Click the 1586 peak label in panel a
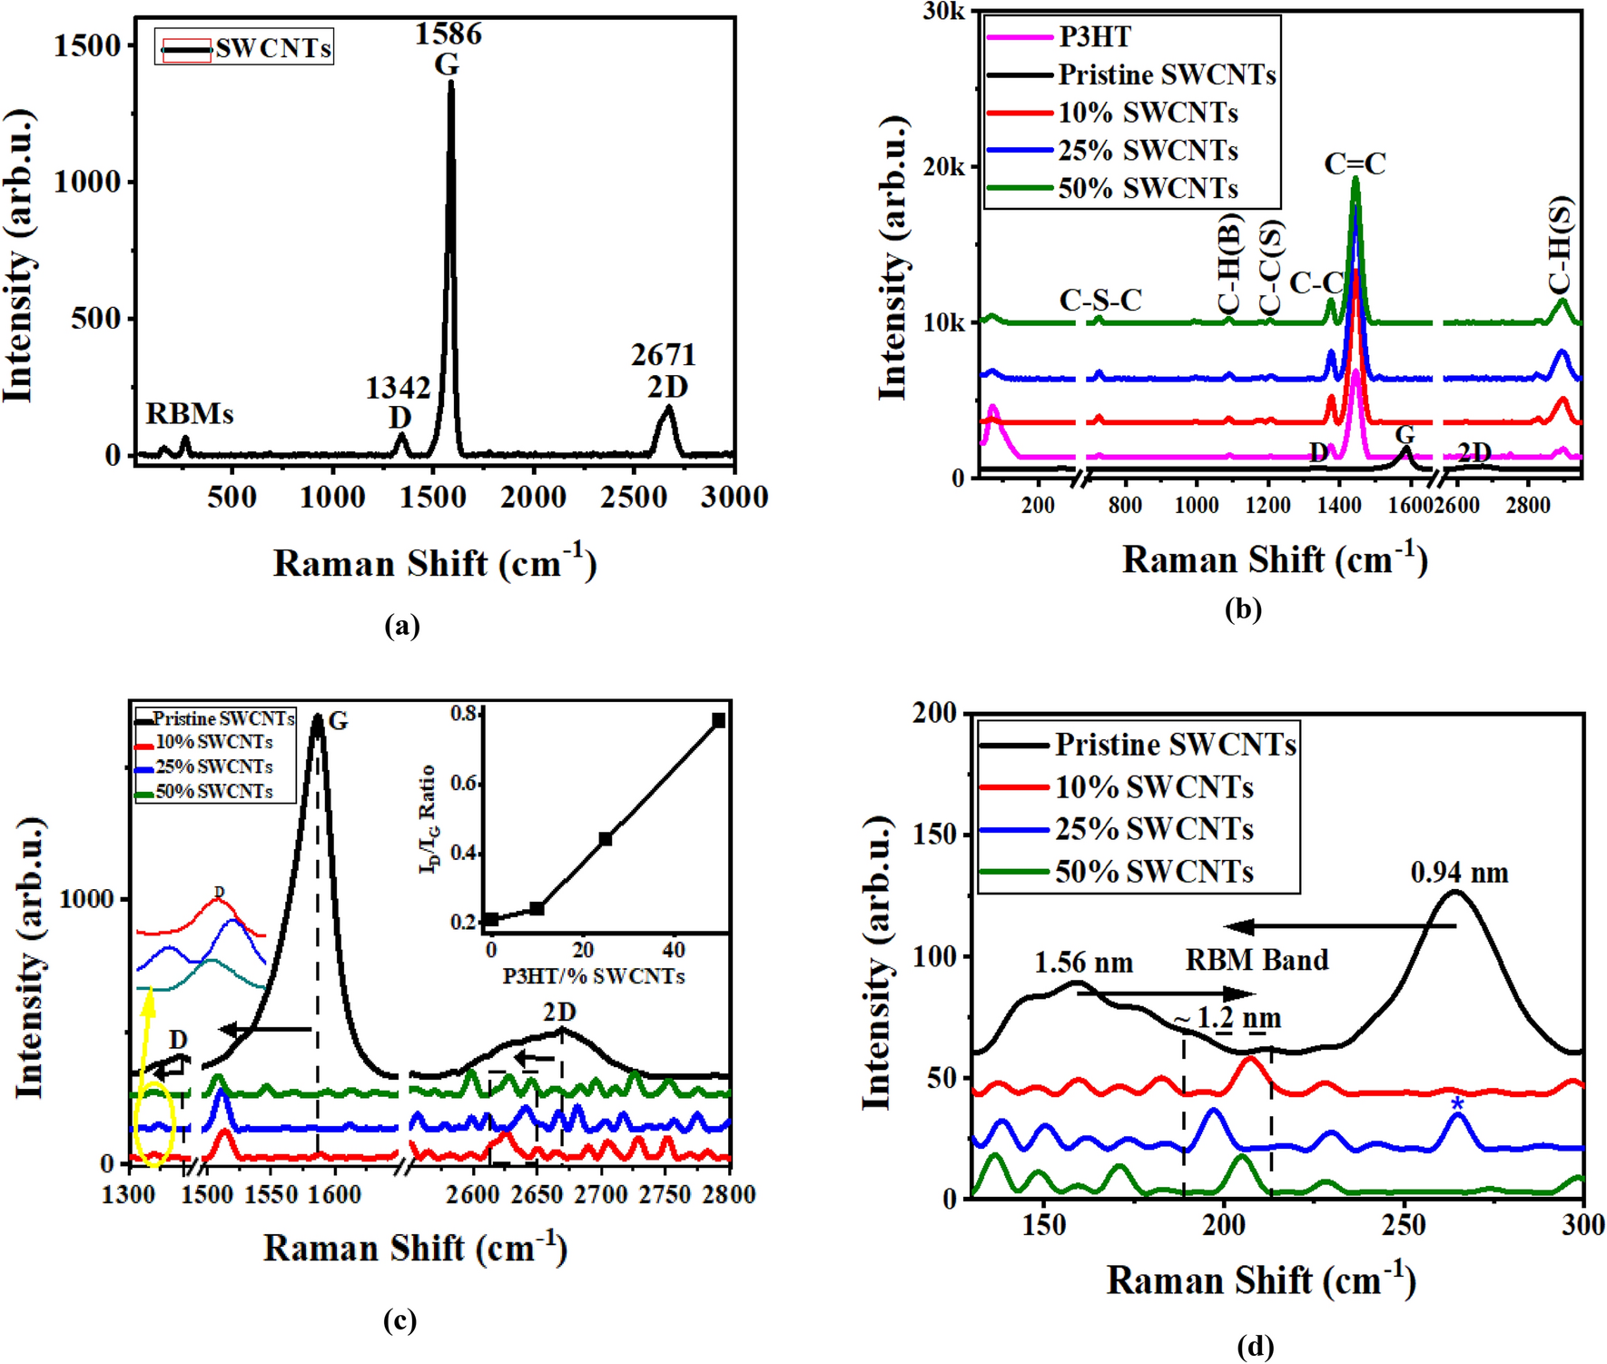[x=449, y=35]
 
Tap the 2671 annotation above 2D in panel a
[x=664, y=355]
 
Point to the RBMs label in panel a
[x=190, y=414]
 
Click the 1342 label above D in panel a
[x=398, y=389]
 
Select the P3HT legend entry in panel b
[x=1094, y=36]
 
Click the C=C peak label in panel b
[x=1355, y=164]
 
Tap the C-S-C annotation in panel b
[x=1100, y=301]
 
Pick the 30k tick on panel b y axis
[x=944, y=12]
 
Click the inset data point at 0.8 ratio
[x=718, y=720]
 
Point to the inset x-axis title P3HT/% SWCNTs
[x=594, y=976]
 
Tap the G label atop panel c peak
[x=338, y=721]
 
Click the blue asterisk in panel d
[x=1457, y=1104]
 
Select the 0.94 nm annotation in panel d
[x=1459, y=874]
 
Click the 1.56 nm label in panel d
[x=1083, y=963]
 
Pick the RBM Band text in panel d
[x=1257, y=960]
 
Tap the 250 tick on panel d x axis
[x=1404, y=1225]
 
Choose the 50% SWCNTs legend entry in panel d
[x=1153, y=872]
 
